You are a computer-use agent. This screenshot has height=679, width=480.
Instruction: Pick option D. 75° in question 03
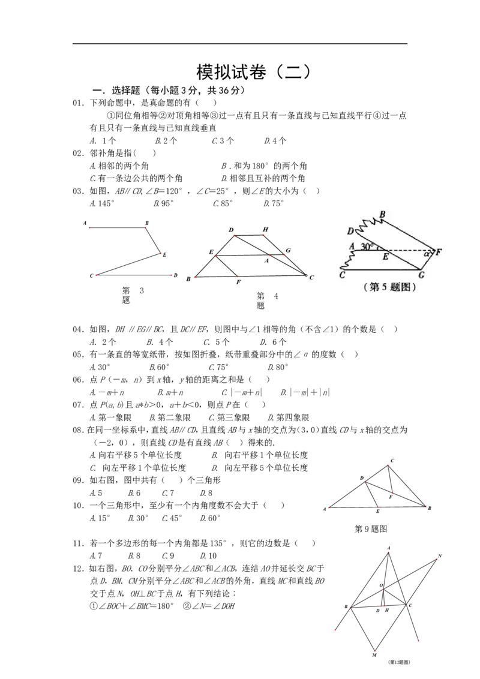coord(274,203)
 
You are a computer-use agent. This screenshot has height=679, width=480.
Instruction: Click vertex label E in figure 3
coord(164,255)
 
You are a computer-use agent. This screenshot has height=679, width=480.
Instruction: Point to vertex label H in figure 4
coord(266,230)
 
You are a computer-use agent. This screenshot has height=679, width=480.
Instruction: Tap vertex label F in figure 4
coord(238,283)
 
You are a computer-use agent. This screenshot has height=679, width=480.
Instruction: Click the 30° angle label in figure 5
coord(367,247)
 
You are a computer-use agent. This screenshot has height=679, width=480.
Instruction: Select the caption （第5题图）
coord(390,287)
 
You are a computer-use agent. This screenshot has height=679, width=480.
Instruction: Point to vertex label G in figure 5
coord(422,275)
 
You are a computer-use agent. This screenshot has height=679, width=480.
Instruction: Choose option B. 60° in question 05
coord(159,367)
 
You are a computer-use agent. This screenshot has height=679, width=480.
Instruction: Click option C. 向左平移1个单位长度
coord(138,468)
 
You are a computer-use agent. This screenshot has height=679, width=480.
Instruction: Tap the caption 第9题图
coord(371,528)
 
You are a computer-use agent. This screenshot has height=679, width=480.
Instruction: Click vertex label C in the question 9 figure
coord(392,461)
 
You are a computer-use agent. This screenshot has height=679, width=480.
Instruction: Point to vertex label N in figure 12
coord(440,556)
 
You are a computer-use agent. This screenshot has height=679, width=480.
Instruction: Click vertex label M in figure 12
coord(374,655)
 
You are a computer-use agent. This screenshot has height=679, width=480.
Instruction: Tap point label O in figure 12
coord(381,585)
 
